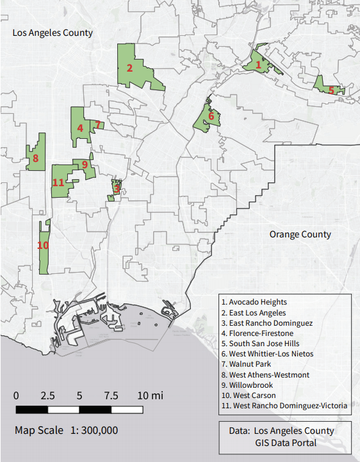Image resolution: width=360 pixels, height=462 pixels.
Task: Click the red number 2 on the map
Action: tap(129, 68)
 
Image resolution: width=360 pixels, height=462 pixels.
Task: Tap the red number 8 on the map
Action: tap(35, 158)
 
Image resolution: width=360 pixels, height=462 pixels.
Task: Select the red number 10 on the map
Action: tap(43, 245)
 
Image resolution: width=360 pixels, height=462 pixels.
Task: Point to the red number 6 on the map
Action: tap(211, 116)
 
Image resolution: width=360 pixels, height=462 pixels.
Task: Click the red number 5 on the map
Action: tap(331, 90)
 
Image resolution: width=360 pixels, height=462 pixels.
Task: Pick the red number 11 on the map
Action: tap(58, 182)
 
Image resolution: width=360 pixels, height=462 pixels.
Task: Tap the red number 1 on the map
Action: tap(258, 65)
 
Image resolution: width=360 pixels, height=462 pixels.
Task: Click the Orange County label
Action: tap(300, 234)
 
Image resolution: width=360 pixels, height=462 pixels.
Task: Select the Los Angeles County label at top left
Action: tap(53, 33)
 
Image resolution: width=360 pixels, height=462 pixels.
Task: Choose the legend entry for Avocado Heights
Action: tap(254, 302)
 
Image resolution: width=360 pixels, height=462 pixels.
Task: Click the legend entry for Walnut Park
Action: tap(250, 364)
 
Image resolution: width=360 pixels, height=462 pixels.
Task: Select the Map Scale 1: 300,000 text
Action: tap(66, 430)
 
